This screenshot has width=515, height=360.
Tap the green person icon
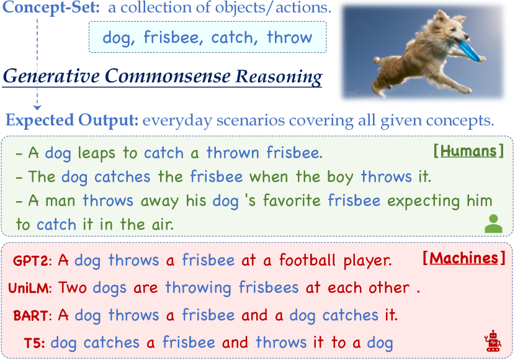point(493,223)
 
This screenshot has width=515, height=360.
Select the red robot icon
point(493,342)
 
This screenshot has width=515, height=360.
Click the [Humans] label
point(468,151)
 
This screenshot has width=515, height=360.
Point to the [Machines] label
point(464,258)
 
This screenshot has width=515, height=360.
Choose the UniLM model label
point(30,288)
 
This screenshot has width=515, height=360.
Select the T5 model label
point(35,343)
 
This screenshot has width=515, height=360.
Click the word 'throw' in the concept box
point(289,37)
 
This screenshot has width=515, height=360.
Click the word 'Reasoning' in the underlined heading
point(279,76)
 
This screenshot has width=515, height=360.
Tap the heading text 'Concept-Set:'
point(51,7)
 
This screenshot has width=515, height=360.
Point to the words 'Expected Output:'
point(72,120)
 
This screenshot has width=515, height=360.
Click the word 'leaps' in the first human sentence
point(97,153)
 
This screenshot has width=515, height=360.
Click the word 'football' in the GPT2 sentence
point(307,261)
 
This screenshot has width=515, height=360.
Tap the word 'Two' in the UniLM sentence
point(73,288)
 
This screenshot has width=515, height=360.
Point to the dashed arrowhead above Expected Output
point(37,107)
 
